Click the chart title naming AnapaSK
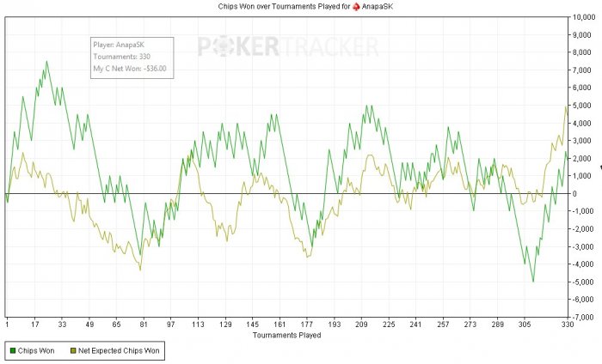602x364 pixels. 300,6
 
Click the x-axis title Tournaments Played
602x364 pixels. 286,336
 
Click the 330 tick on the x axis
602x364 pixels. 567,325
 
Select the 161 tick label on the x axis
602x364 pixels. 279,325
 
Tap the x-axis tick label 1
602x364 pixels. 7,325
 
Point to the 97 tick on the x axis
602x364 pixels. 170,325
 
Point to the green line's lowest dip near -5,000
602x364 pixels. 533,281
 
